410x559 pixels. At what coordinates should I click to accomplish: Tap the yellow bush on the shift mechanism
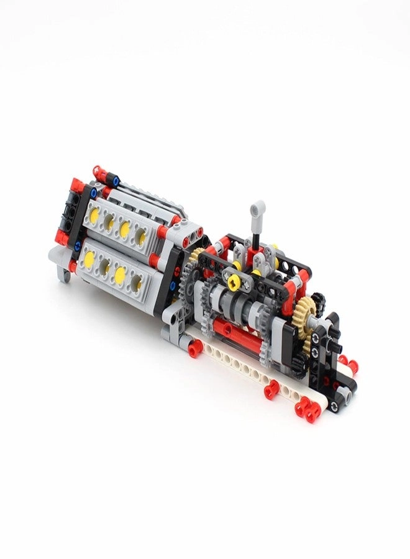(x=234, y=283)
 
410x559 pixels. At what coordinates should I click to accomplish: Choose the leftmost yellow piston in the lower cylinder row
(x=90, y=257)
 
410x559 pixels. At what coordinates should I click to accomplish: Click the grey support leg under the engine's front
(x=62, y=268)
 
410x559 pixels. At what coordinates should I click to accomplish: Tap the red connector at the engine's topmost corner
(x=97, y=170)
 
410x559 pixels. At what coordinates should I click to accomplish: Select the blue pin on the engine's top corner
(x=116, y=181)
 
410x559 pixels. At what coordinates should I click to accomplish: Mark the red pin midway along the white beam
(x=271, y=391)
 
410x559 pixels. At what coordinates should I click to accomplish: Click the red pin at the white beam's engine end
(x=194, y=352)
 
